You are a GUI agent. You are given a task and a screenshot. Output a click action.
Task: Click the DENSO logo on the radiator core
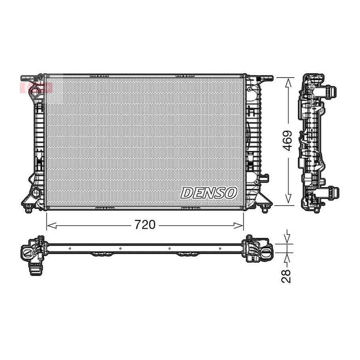point(208,193)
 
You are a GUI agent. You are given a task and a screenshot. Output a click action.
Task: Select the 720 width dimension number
point(145,225)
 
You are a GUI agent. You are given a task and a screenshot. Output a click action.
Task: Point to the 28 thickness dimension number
point(286,276)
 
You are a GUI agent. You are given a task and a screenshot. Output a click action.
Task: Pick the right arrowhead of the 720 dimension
point(238,226)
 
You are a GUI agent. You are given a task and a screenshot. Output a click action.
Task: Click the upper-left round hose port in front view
point(36,91)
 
